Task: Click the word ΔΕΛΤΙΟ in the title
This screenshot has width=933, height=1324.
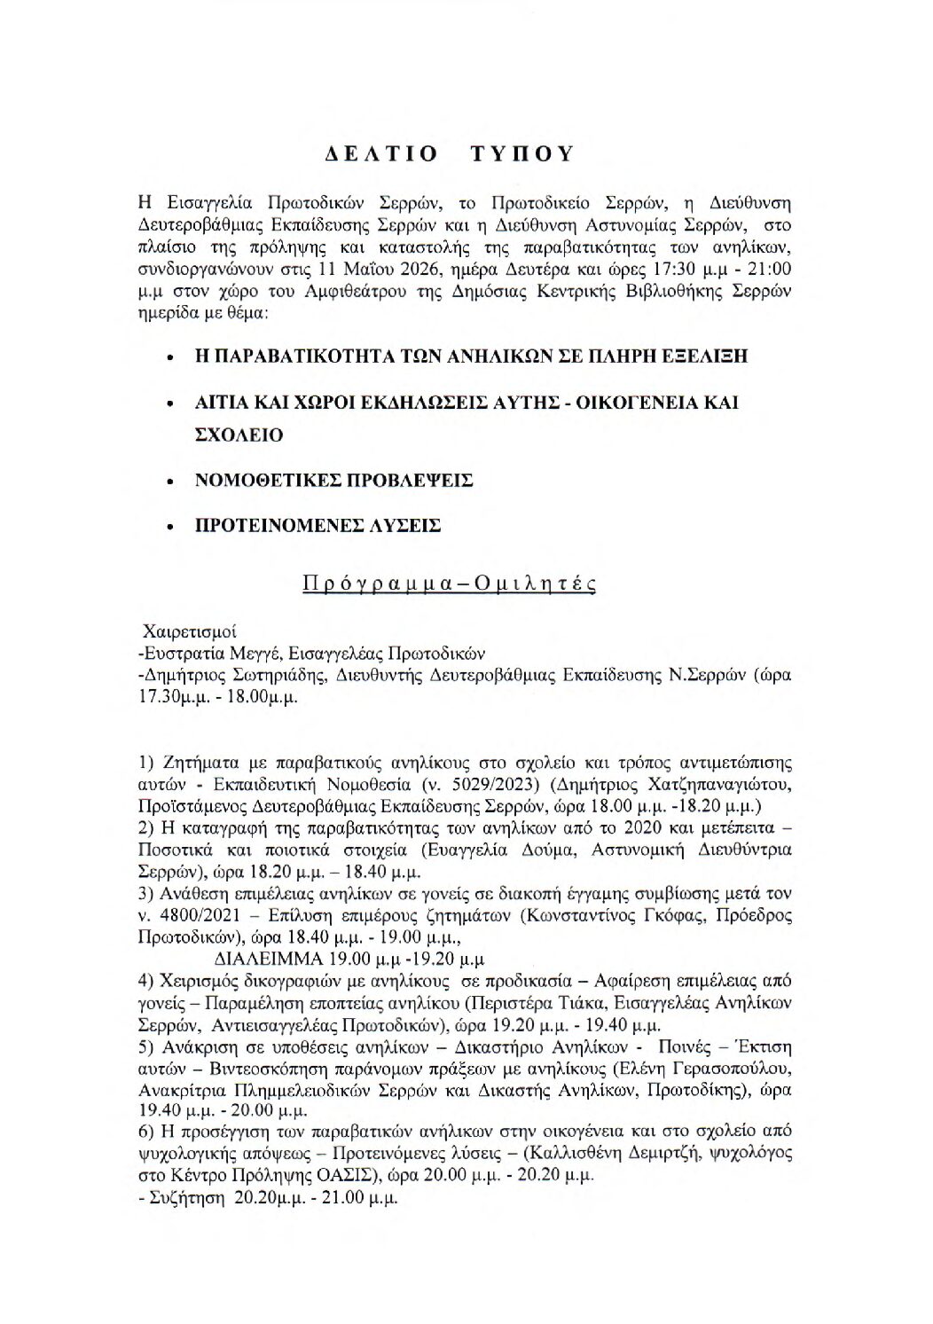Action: [379, 153]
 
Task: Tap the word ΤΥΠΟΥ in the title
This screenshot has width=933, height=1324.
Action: [522, 153]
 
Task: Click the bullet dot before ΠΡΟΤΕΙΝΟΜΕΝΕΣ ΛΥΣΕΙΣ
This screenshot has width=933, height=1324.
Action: [169, 526]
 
